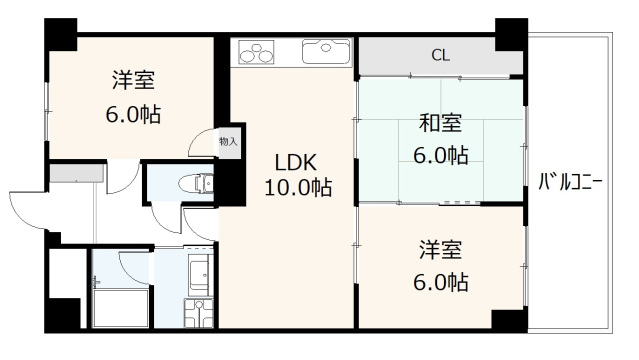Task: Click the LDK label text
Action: tap(296, 163)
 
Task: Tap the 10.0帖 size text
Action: tap(298, 187)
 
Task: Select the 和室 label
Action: tap(440, 125)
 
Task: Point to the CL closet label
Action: tap(440, 56)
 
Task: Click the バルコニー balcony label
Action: tap(569, 182)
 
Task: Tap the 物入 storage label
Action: tap(228, 142)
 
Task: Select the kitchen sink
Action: tap(324, 51)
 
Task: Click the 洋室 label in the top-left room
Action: tap(133, 80)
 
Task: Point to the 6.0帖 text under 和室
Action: tap(440, 155)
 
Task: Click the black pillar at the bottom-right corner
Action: tap(508, 321)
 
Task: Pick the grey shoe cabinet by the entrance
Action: tap(75, 174)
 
